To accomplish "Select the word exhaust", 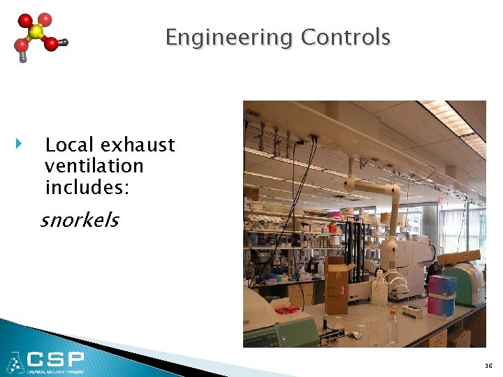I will (138, 145).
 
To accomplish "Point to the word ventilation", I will (94, 166).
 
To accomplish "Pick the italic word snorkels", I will (80, 221).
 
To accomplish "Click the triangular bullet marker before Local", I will (19, 145).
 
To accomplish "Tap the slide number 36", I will (488, 365).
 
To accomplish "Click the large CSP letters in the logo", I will (56, 361).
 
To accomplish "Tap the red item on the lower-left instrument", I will (286, 308).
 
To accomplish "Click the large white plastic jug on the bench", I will (379, 290).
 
